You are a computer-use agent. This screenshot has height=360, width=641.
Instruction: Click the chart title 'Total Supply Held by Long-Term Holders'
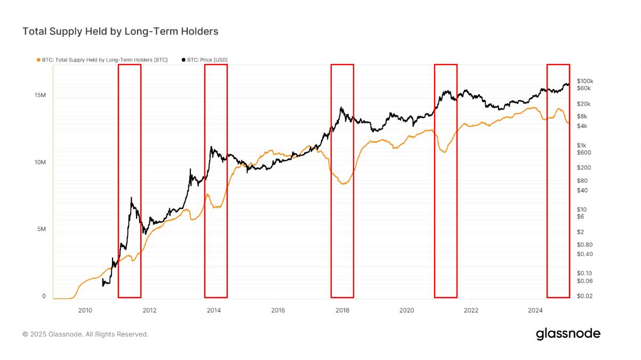[120, 31]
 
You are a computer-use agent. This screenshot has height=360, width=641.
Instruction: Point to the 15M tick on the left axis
[39, 95]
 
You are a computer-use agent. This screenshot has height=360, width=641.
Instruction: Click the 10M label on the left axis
[39, 162]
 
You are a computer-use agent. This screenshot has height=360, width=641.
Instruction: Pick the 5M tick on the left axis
[41, 229]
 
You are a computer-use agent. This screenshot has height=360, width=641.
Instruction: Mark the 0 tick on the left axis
[44, 296]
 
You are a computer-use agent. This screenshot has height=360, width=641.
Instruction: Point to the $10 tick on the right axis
[582, 210]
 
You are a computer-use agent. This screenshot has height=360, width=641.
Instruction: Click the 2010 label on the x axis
[85, 309]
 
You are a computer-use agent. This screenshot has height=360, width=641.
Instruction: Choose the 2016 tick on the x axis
[278, 309]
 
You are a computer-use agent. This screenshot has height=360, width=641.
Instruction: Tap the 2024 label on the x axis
[535, 309]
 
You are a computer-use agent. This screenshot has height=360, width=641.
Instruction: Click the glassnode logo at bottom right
[568, 334]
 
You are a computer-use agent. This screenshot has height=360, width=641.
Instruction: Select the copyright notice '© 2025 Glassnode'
[85, 334]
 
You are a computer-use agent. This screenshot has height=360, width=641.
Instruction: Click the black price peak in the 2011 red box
[131, 198]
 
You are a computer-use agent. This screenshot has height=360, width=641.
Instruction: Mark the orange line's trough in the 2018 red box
[344, 183]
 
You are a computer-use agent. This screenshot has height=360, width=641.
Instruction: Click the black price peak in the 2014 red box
[212, 147]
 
